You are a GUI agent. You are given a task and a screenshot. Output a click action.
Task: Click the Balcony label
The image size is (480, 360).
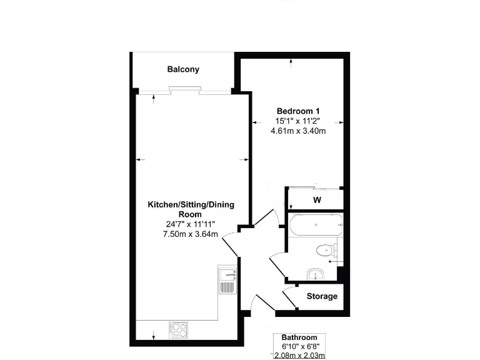(183, 69)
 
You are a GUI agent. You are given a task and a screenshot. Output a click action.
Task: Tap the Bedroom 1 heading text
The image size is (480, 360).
(298, 111)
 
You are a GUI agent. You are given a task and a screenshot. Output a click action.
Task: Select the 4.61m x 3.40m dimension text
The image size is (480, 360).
(298, 131)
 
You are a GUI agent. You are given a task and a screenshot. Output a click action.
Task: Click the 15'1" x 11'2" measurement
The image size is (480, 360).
(298, 121)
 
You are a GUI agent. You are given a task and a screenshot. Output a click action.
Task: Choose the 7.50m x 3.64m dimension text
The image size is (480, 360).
(191, 234)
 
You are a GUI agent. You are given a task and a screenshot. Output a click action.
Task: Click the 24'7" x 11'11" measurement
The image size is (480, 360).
(191, 224)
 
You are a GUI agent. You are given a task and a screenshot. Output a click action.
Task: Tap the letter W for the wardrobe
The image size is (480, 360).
(317, 201)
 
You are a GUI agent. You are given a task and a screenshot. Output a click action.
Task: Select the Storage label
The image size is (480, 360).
(322, 296)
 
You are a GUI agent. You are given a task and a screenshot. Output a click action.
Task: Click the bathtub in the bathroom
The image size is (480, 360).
(316, 224)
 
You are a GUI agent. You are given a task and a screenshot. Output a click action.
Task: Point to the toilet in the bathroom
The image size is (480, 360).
(326, 251)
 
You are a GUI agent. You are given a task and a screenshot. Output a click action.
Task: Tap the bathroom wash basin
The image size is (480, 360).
(315, 274)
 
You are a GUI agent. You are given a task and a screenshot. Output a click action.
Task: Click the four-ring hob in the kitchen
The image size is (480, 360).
(177, 328)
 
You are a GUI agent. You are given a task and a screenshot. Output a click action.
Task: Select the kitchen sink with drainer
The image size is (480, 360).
(227, 279)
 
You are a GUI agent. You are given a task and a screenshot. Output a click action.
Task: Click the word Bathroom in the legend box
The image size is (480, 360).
(299, 337)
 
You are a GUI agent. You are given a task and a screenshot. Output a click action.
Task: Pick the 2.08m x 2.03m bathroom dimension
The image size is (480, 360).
(299, 355)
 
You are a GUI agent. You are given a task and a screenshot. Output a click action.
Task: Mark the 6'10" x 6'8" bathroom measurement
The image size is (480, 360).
(299, 346)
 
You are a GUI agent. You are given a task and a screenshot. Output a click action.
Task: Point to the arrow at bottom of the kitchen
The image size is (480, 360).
(154, 338)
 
